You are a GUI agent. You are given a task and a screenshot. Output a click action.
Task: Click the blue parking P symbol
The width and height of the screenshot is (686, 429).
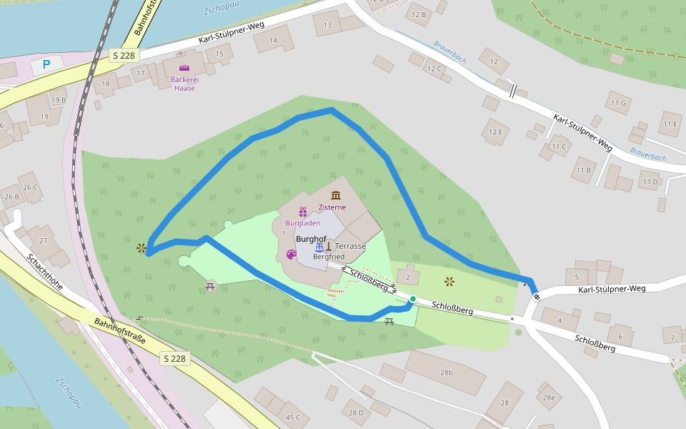[46, 64]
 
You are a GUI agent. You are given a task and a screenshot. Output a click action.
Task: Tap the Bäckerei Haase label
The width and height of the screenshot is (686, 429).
[184, 84]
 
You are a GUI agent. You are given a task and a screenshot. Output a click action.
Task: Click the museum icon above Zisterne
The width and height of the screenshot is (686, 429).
[336, 195]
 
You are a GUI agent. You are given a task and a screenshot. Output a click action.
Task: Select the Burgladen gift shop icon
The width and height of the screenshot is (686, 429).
[302, 212]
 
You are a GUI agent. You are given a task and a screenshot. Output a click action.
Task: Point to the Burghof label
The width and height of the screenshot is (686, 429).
[311, 238]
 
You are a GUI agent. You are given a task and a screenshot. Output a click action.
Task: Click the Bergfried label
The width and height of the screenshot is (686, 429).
[329, 256]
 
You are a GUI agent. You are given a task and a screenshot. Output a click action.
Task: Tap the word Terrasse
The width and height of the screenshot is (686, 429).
[350, 246]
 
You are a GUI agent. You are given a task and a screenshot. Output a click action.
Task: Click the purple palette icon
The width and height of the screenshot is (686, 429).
[291, 255]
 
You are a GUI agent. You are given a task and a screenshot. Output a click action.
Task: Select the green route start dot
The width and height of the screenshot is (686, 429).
[412, 299]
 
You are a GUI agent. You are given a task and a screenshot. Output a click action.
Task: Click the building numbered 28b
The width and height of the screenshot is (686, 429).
[447, 373]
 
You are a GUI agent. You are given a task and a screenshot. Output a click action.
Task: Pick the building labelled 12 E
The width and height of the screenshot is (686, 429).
[495, 132]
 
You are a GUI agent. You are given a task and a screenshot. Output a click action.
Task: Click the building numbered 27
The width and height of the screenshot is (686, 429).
[43, 240]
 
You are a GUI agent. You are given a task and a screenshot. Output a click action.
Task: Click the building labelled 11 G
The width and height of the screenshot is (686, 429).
[618, 103]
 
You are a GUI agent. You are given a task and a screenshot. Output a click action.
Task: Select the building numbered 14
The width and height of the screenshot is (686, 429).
[273, 40]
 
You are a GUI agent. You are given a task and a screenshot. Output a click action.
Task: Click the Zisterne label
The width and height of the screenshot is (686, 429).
[332, 207]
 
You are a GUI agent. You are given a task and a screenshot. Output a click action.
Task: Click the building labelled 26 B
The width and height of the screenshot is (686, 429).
[11, 197]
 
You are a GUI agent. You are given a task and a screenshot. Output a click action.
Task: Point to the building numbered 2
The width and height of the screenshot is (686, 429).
[407, 276]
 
